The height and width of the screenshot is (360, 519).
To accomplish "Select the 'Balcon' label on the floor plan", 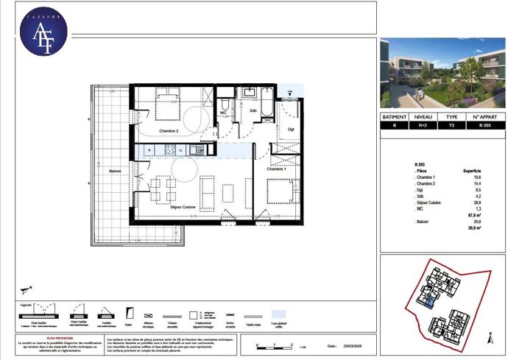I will (x=115, y=170).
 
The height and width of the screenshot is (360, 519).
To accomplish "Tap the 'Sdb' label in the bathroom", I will (x=253, y=111).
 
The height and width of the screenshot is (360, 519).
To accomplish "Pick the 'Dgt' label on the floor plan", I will (x=291, y=130).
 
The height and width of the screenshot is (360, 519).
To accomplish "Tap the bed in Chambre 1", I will (x=280, y=191).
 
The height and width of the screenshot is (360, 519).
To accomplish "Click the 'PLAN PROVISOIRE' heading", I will (x=61, y=338).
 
